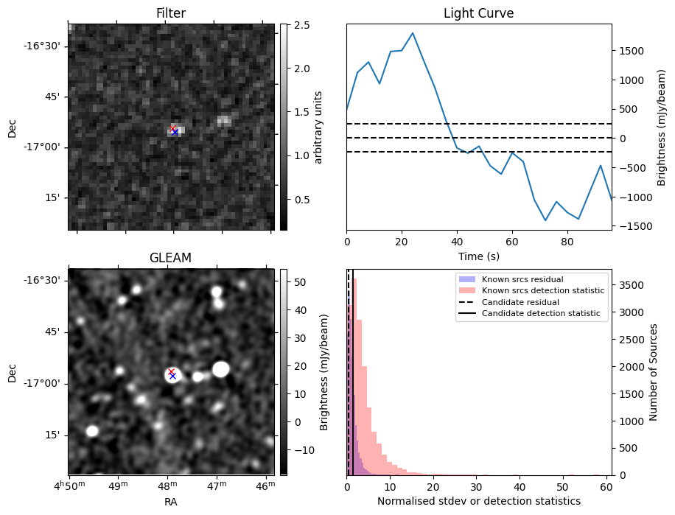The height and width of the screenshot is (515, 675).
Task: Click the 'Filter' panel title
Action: tap(171, 13)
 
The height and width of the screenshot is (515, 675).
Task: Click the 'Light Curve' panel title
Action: tap(478, 13)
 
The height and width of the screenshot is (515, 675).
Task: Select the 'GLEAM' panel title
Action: tap(171, 258)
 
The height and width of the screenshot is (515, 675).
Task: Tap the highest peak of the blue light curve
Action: tap(413, 33)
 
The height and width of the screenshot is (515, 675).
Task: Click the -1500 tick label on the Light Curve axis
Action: tap(634, 226)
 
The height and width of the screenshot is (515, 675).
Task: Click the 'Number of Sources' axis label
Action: tap(653, 372)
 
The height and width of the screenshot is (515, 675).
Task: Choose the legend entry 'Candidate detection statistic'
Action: tap(540, 314)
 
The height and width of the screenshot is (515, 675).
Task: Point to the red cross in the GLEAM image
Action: tap(171, 371)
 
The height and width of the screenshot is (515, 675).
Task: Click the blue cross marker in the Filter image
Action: tap(175, 132)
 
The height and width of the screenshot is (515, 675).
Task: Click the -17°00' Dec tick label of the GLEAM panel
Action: tap(45, 383)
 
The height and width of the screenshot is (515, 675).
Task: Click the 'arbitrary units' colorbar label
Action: tap(318, 127)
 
